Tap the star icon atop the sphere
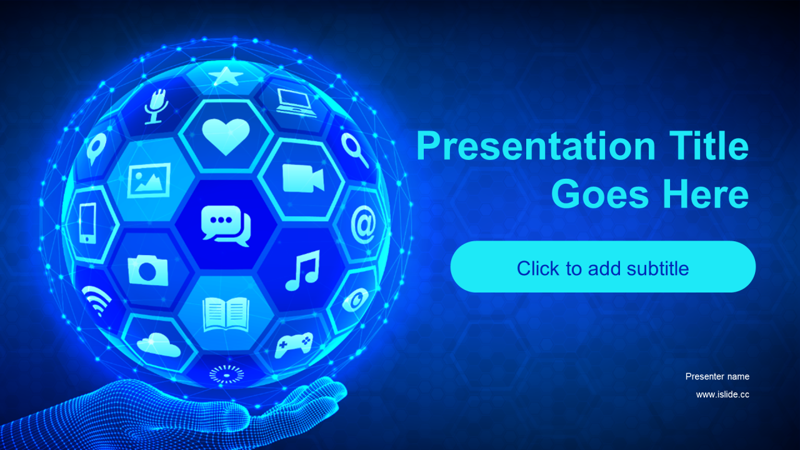click(x=226, y=76)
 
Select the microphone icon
click(x=156, y=106)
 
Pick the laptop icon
click(x=296, y=103)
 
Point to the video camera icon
click(x=303, y=178)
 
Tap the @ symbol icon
click(x=363, y=224)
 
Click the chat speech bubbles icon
click(x=226, y=226)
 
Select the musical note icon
click(x=302, y=271)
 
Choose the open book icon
click(x=226, y=315)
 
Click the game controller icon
click(x=294, y=344)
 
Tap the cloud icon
click(x=159, y=344)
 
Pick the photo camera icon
click(x=148, y=270)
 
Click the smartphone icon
click(x=87, y=223)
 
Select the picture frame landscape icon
click(x=149, y=181)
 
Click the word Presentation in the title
click(x=536, y=146)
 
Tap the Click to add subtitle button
click(x=603, y=267)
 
